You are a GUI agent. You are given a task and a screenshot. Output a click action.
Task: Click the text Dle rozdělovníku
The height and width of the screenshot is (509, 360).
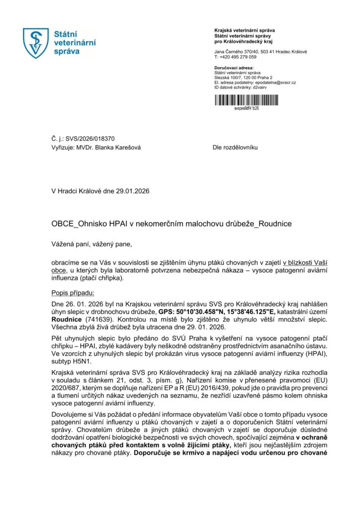tap(235, 148)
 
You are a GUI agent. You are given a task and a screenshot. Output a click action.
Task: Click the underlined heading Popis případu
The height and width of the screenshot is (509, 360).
tap(73, 293)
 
